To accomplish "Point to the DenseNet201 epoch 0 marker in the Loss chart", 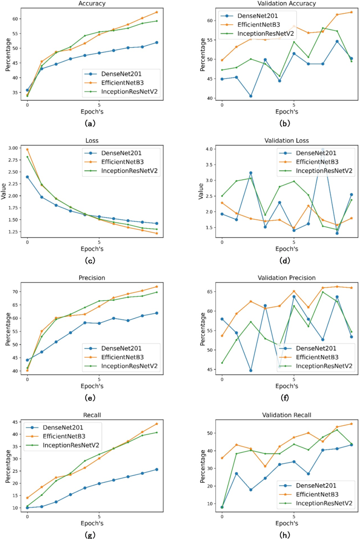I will click(27, 177).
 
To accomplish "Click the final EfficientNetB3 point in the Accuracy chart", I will click(157, 12).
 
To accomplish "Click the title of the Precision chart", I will click(92, 278).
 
